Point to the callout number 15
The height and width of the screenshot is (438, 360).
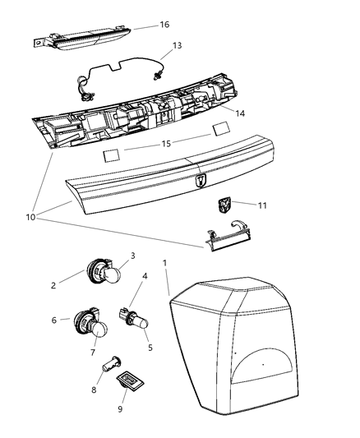tap(165, 145)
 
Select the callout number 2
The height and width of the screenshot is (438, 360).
tap(54, 285)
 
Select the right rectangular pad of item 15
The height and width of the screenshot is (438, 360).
tap(220, 130)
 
